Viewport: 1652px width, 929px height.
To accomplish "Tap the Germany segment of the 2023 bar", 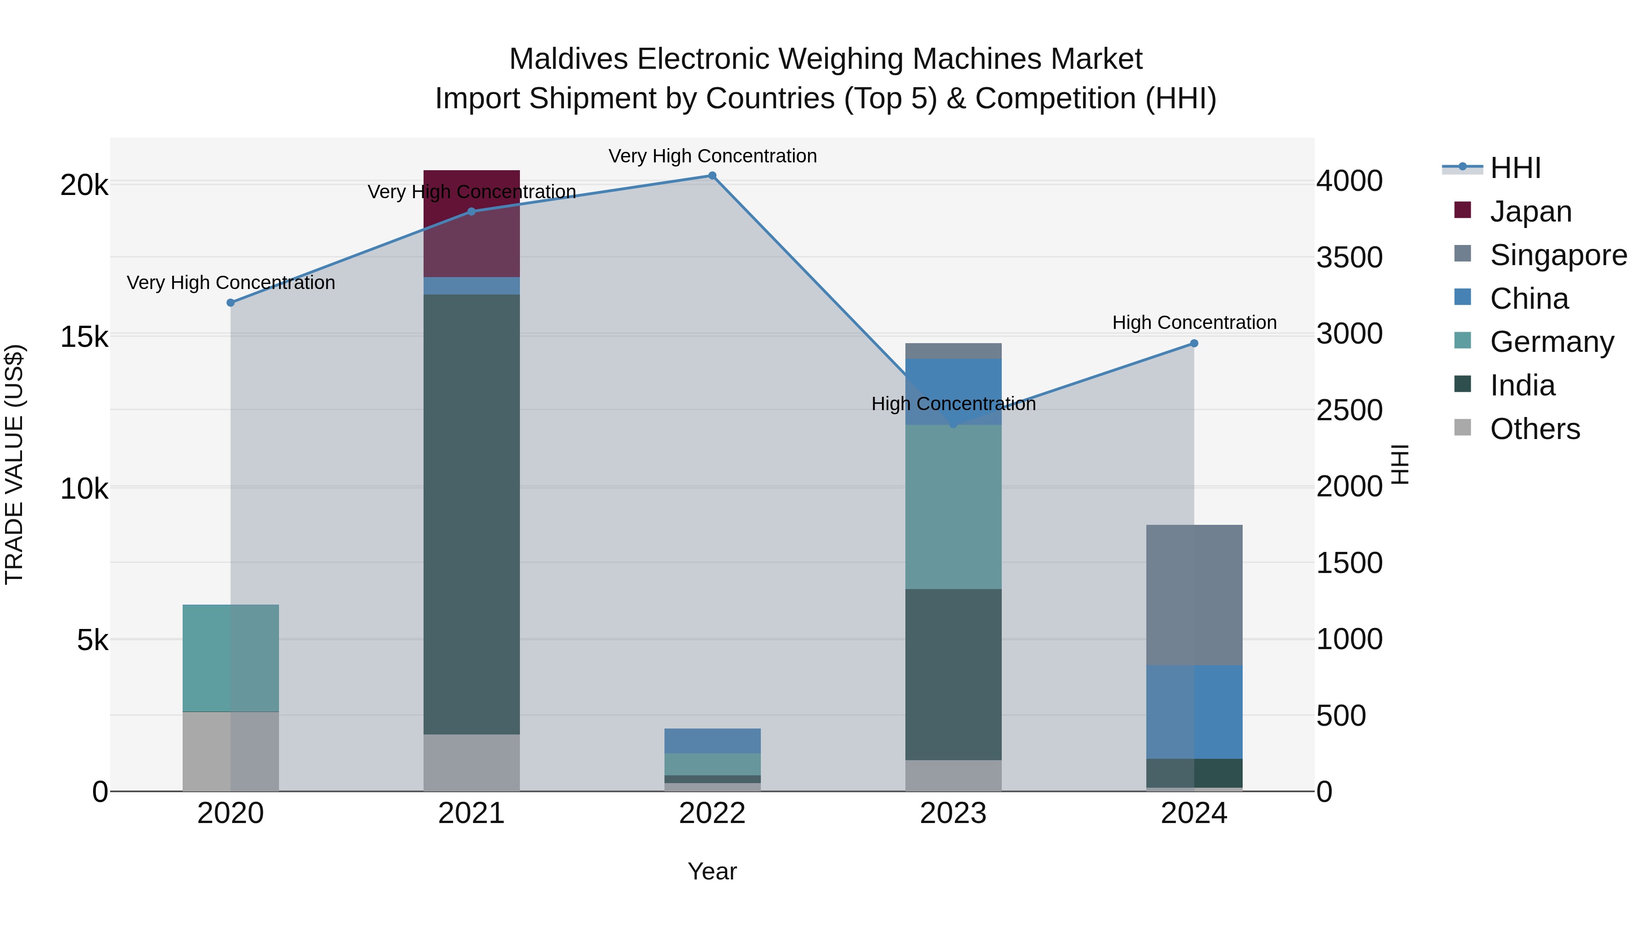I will click(x=953, y=506).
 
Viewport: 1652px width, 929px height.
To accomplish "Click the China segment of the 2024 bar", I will click(x=1194, y=712).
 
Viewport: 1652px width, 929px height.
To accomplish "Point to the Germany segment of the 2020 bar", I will click(x=231, y=658).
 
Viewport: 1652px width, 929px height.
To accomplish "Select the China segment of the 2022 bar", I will click(x=712, y=740).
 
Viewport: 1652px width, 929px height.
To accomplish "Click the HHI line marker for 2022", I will click(x=712, y=176).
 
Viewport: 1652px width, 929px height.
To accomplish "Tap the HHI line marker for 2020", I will click(x=231, y=303).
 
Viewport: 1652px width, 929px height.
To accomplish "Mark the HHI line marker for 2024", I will click(x=1194, y=344).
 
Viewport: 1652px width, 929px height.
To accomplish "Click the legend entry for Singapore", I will click(x=1558, y=255).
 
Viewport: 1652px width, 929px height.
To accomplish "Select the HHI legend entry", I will click(x=1515, y=168).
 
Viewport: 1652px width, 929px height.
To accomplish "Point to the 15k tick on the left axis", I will click(x=84, y=337).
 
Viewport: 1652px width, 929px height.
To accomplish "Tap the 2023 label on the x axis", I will click(x=953, y=813).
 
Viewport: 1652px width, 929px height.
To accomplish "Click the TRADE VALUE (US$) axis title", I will click(x=14, y=464).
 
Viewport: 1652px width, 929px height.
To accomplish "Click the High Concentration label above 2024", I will click(x=1194, y=323).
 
